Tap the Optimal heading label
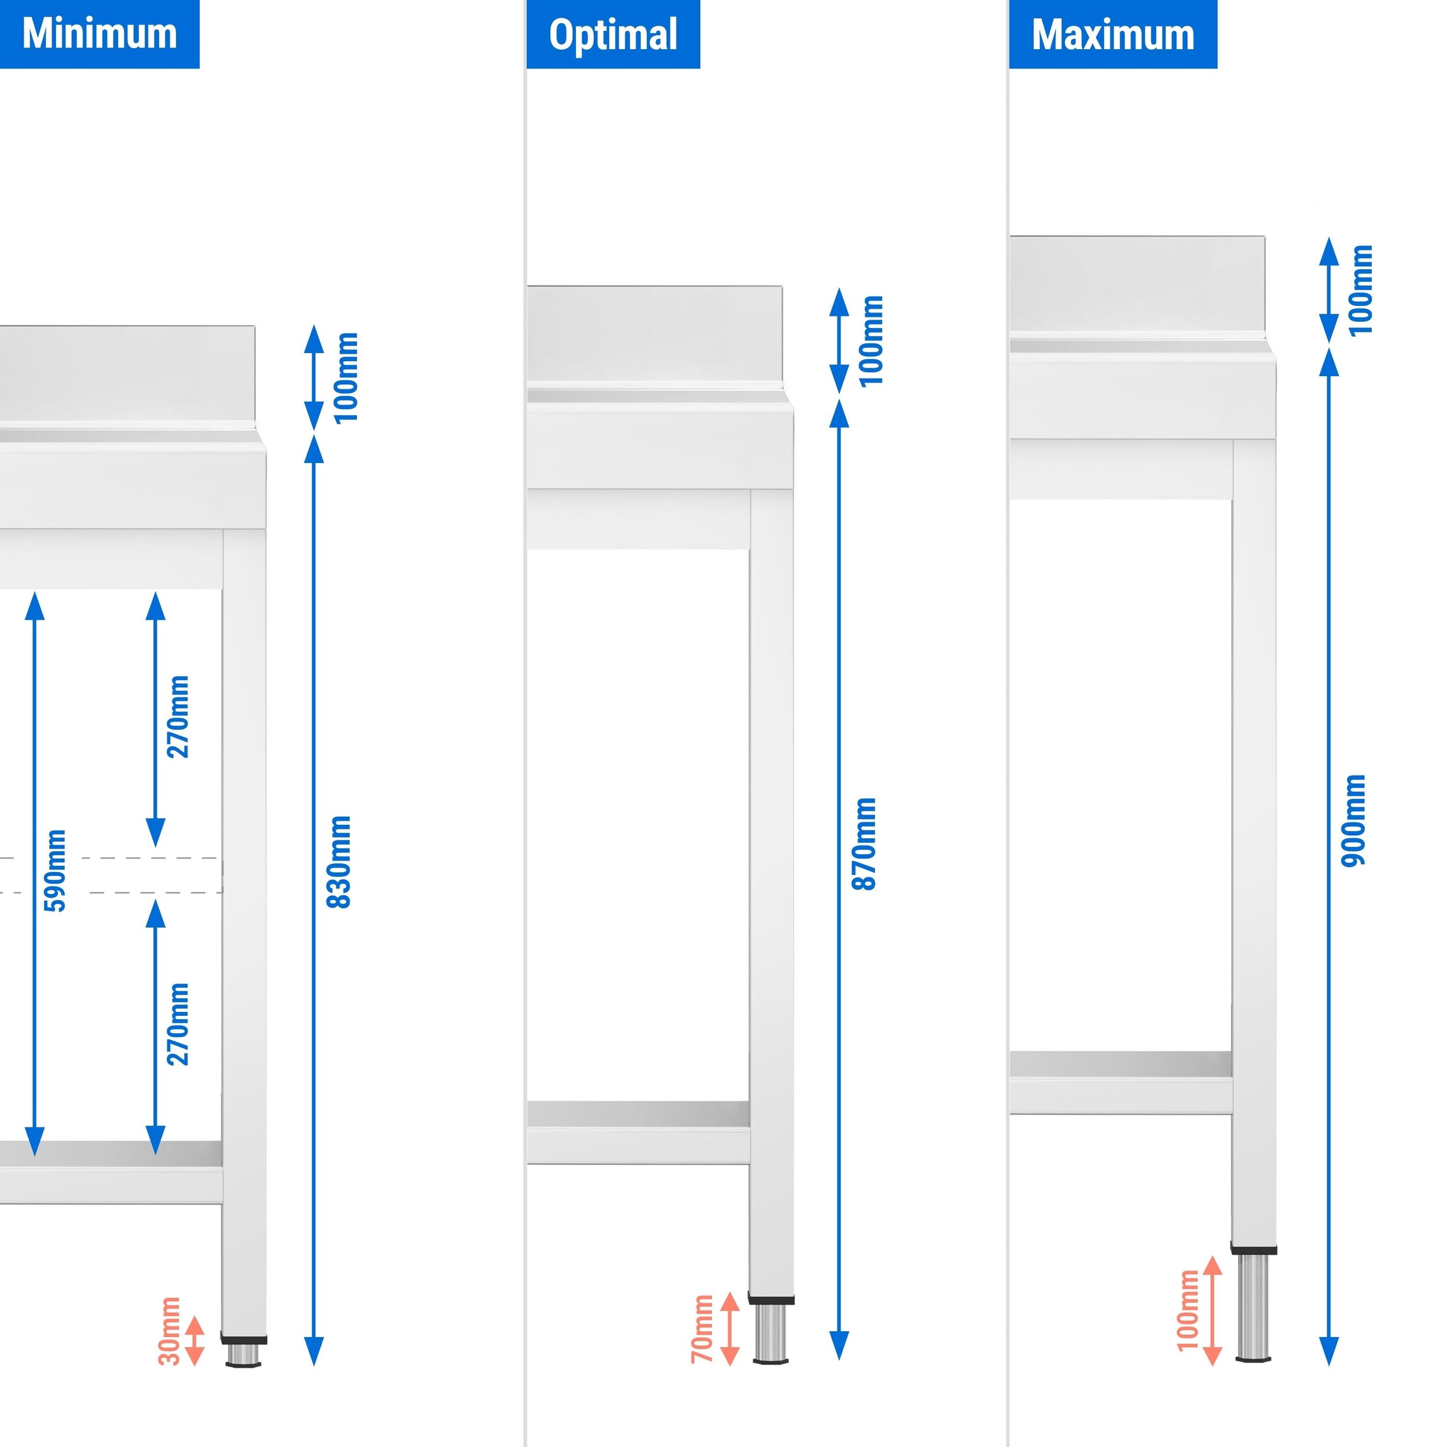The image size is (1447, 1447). [x=612, y=35]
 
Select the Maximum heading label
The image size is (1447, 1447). [x=1112, y=35]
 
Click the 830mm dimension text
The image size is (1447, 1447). [x=339, y=861]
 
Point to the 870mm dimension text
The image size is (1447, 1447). [x=864, y=844]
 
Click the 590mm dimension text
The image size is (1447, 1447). [x=56, y=871]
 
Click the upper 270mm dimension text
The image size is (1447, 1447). [x=178, y=717]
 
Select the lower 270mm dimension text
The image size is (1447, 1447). [x=178, y=1024]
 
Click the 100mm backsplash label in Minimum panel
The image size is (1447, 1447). [x=346, y=377]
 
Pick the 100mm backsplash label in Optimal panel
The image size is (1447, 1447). [x=872, y=341]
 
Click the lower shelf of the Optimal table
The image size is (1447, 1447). [x=638, y=1114]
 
